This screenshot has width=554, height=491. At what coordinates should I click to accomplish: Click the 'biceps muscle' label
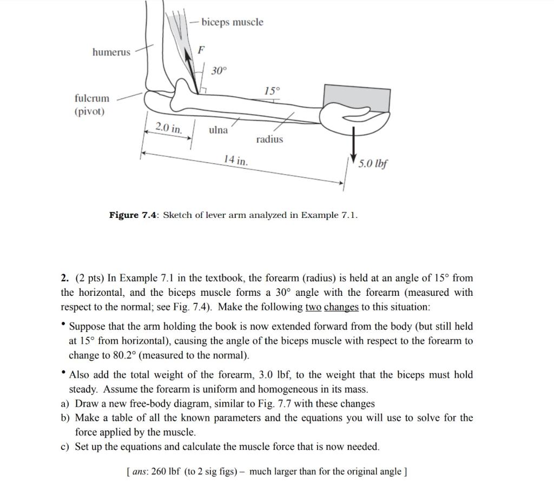(x=232, y=22)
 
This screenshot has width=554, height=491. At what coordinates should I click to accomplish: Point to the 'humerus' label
(x=111, y=52)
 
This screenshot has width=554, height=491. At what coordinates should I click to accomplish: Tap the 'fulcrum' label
(x=91, y=98)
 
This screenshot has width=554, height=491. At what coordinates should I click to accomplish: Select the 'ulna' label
(x=218, y=130)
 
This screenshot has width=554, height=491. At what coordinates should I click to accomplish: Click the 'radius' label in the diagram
(x=269, y=140)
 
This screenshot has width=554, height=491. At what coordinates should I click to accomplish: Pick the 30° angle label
(x=219, y=71)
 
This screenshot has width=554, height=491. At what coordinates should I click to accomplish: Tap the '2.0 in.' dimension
(x=169, y=128)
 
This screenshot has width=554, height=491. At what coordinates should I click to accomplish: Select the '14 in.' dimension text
(x=236, y=160)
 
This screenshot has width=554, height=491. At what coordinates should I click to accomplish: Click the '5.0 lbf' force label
(x=373, y=163)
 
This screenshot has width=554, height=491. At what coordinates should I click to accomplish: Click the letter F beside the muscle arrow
(x=201, y=50)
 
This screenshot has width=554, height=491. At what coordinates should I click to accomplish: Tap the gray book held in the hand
(x=357, y=98)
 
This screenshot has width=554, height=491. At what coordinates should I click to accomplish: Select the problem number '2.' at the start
(x=65, y=278)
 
